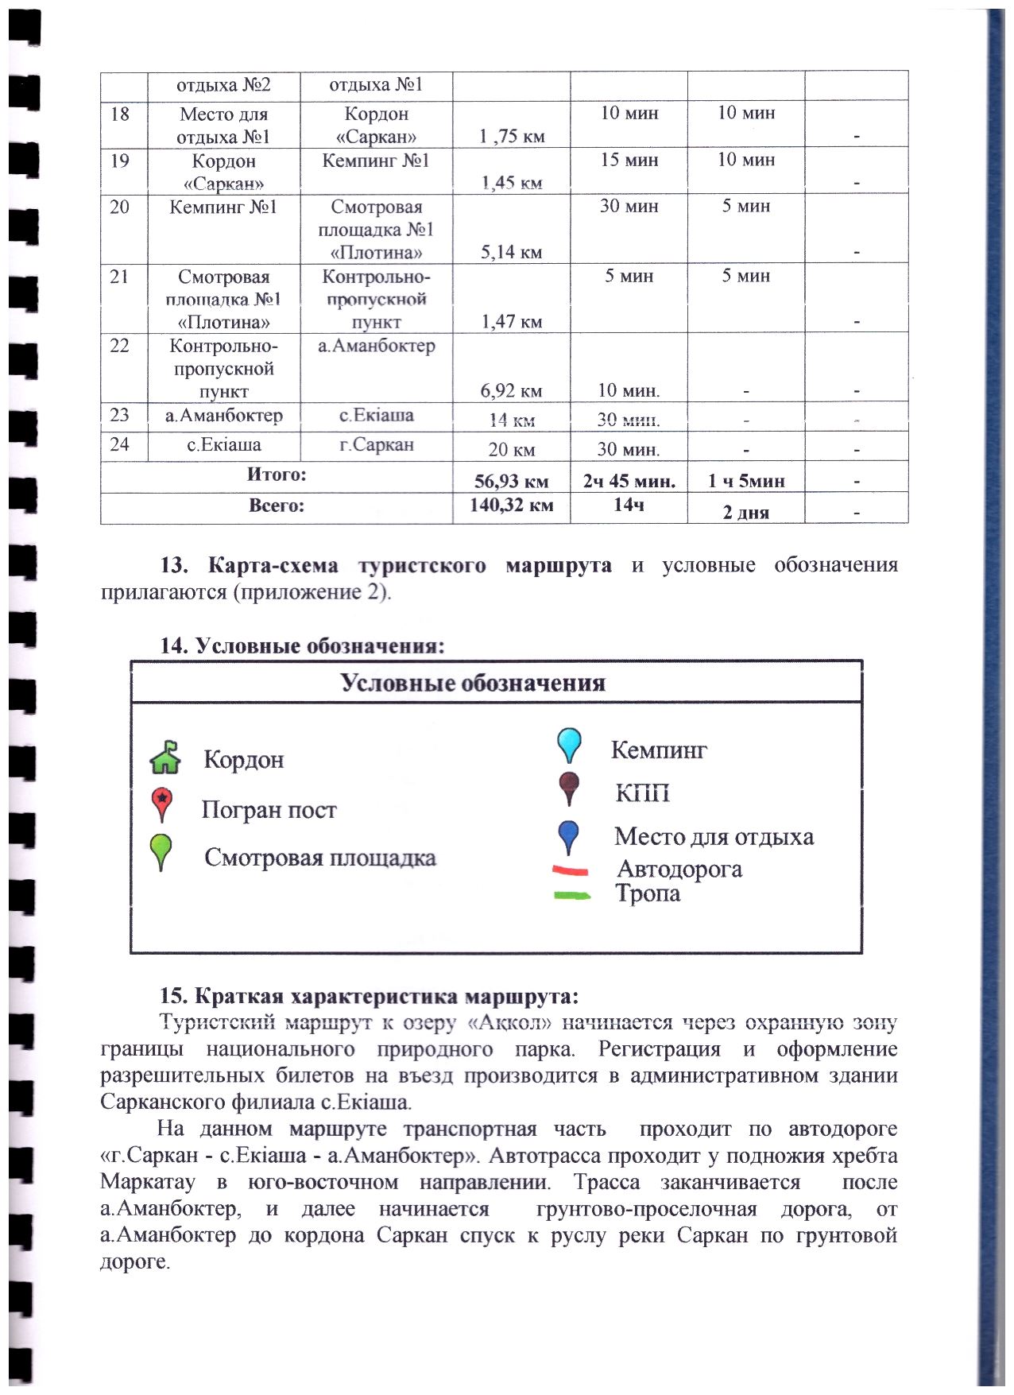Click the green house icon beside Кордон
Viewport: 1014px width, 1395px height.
[x=165, y=757]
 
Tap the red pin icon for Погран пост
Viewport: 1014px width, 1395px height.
[x=162, y=804]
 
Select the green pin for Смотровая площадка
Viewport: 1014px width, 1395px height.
[x=161, y=851]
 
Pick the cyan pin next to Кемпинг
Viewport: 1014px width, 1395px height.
[x=569, y=745]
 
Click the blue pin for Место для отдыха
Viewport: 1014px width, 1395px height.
[x=569, y=837]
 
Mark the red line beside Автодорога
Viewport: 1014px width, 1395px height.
[x=571, y=871]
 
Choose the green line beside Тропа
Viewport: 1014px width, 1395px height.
[x=571, y=896]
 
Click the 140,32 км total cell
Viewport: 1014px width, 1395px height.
[x=511, y=505]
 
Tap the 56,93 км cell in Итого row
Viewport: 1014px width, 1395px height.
[x=511, y=481]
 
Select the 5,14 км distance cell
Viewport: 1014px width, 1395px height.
[x=511, y=253]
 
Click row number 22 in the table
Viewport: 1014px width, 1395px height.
[x=119, y=346]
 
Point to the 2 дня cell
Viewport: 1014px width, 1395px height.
[x=745, y=512]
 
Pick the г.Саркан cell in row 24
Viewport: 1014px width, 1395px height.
[x=376, y=444]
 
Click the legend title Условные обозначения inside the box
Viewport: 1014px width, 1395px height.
[x=473, y=683]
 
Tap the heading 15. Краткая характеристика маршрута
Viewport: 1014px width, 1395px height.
[x=369, y=996]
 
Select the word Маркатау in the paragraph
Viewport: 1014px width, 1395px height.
[x=148, y=1182]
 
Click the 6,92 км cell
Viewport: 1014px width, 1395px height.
[x=511, y=390]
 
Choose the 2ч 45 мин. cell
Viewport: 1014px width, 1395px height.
[x=629, y=481]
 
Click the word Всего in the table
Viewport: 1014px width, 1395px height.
[x=276, y=506]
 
